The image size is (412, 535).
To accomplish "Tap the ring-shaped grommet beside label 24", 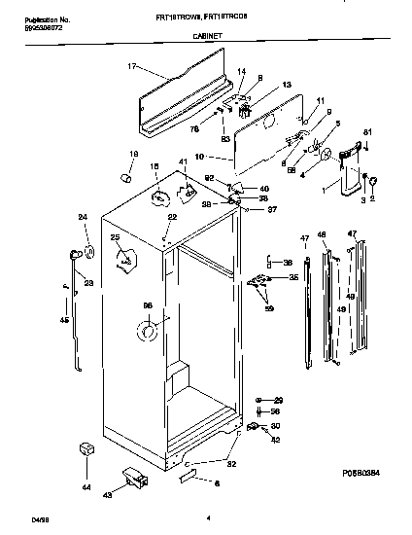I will pos(88,253).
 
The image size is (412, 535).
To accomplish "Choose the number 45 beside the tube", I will pos(64,320).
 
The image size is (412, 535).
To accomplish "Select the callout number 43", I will pos(108,495).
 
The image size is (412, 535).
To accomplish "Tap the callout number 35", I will pos(294,278).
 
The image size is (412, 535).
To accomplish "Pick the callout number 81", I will pos(367,132).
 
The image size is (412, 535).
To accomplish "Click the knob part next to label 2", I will pos(374,185).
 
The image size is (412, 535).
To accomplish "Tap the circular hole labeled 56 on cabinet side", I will pos(148,333).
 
